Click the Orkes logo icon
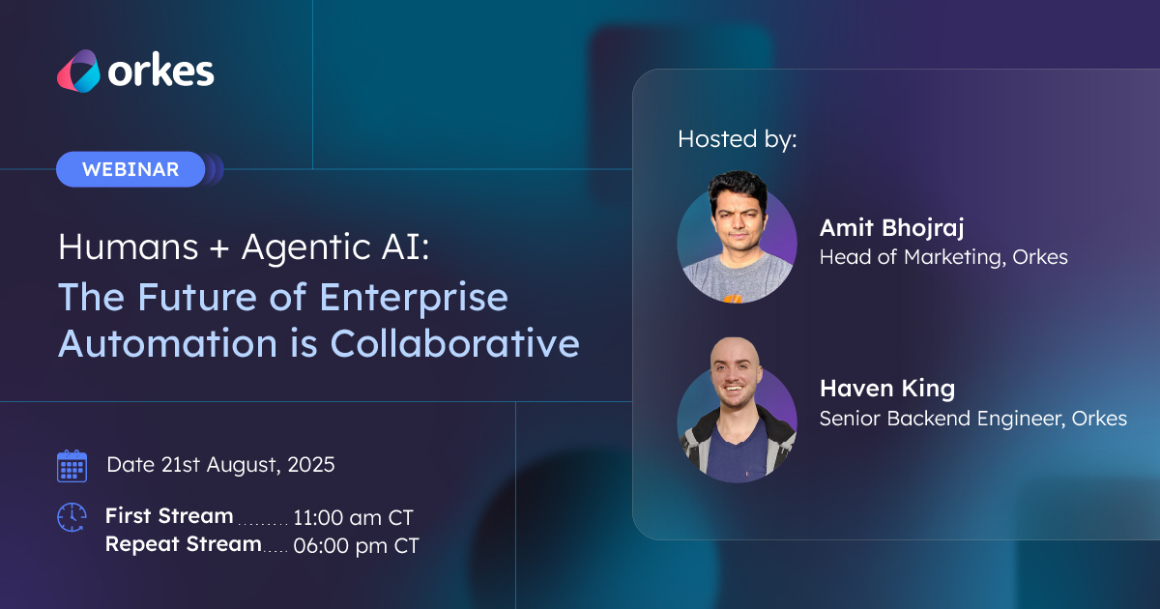pyautogui.click(x=78, y=71)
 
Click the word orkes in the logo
pyautogui.click(x=161, y=71)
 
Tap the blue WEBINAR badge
pyautogui.click(x=130, y=169)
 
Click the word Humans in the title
pyautogui.click(x=129, y=246)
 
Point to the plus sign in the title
pyautogui.click(x=219, y=247)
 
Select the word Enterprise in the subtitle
pyautogui.click(x=414, y=298)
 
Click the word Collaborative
pyautogui.click(x=454, y=343)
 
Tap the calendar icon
pyautogui.click(x=72, y=466)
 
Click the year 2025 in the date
pyautogui.click(x=311, y=465)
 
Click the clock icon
pyautogui.click(x=72, y=517)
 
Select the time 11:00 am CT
pyautogui.click(x=353, y=517)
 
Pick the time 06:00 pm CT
pyautogui.click(x=357, y=546)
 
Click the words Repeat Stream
pyautogui.click(x=184, y=544)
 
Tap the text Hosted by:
pyautogui.click(x=738, y=139)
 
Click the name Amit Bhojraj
pyautogui.click(x=891, y=228)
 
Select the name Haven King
pyautogui.click(x=887, y=389)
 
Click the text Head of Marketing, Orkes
pyautogui.click(x=943, y=257)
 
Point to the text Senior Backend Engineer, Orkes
pyautogui.click(x=973, y=419)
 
